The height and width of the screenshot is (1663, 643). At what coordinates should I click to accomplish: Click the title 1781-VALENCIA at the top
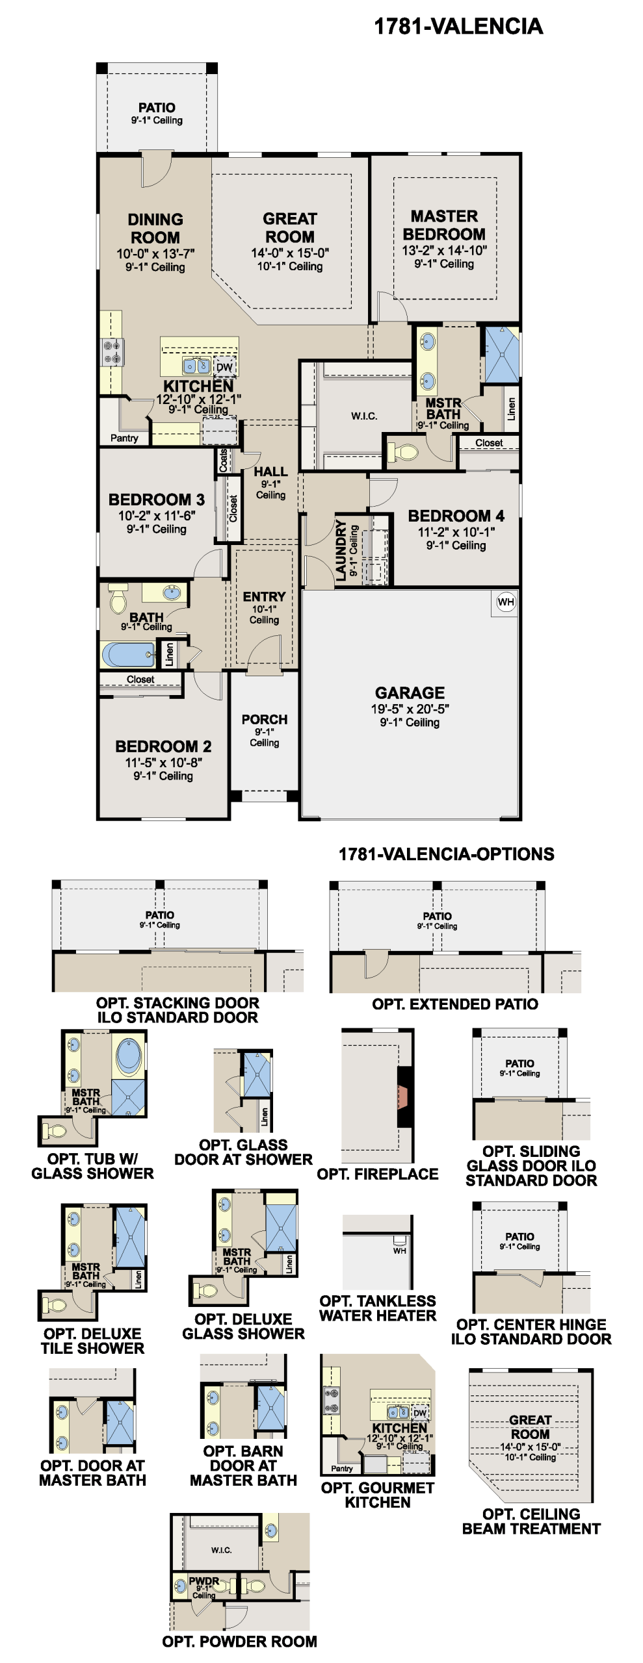click(458, 27)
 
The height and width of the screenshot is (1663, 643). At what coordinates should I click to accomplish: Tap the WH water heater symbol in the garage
click(506, 602)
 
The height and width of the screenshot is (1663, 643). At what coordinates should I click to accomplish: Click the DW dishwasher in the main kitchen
click(224, 367)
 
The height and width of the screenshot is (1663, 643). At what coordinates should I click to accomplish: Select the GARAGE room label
click(410, 692)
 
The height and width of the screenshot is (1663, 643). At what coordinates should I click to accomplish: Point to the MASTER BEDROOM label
click(444, 225)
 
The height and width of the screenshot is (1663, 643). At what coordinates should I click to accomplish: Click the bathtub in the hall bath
click(129, 654)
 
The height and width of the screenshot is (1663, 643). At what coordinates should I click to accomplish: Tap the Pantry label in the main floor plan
click(124, 438)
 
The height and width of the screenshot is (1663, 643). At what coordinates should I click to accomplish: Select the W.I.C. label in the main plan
click(364, 416)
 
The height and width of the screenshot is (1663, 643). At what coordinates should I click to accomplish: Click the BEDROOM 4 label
click(456, 516)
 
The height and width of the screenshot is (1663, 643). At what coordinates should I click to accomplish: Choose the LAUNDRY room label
click(341, 550)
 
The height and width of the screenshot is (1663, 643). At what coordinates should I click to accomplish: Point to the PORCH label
click(265, 720)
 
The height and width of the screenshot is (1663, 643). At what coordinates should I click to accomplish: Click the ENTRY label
click(264, 596)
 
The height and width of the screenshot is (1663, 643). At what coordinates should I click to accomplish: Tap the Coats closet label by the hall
click(223, 460)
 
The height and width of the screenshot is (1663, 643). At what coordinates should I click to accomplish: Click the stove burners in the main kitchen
click(112, 352)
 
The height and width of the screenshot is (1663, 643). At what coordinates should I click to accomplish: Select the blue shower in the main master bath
click(502, 355)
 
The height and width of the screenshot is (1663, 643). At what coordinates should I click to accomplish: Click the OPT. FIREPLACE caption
click(378, 1174)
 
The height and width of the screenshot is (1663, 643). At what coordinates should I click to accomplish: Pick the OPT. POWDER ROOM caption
click(240, 1642)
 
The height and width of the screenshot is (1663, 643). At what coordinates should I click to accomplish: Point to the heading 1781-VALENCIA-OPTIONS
click(446, 854)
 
